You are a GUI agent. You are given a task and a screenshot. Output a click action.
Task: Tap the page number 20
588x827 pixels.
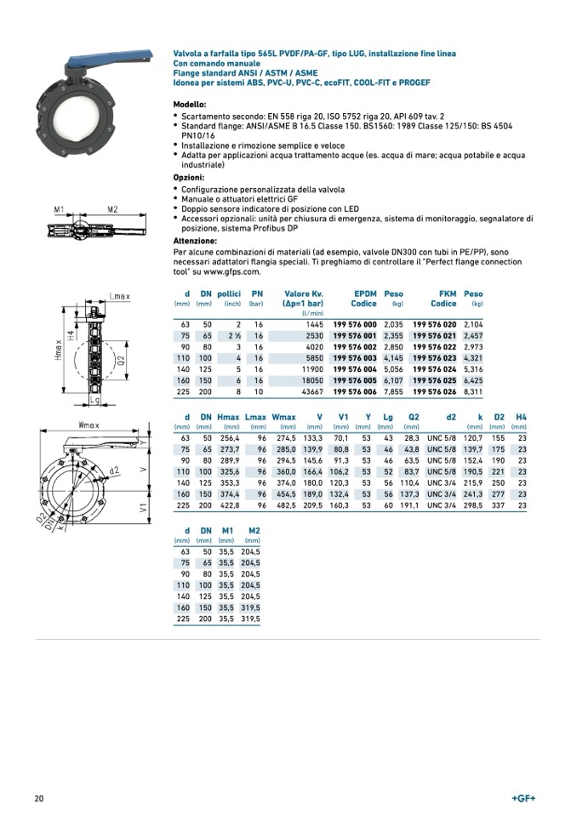click(x=39, y=798)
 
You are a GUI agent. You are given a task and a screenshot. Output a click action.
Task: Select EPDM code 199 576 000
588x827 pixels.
click(x=354, y=324)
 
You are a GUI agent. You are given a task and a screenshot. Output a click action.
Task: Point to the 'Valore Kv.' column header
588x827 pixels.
click(x=303, y=294)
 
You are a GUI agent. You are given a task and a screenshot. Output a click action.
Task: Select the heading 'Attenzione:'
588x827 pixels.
click(x=195, y=241)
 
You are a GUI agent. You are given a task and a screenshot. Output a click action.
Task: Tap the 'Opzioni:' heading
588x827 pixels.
click(x=189, y=178)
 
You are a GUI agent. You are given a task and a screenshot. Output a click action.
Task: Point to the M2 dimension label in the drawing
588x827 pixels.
click(x=112, y=208)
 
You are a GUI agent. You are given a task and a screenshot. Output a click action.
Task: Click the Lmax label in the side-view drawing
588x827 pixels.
click(x=119, y=296)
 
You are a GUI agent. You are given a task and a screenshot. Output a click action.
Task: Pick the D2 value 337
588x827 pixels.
click(x=499, y=505)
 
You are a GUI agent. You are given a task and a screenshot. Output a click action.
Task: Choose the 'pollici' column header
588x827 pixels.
click(x=229, y=294)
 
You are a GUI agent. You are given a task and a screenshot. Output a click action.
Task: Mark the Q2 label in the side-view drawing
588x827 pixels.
click(x=120, y=360)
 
